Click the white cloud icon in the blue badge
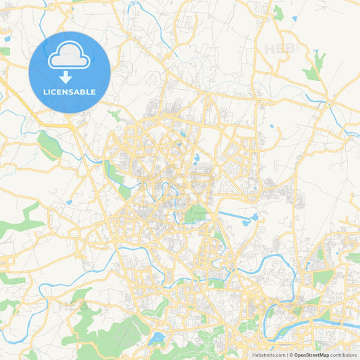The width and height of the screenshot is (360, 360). [x=69, y=57]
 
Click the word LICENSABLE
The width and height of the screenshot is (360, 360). [x=69, y=92]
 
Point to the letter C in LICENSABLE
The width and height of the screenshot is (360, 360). [x=57, y=92]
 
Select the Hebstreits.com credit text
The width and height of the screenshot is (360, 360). [x=268, y=355]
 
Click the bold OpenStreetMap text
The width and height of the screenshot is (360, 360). [x=311, y=355]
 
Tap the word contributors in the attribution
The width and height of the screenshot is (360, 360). [x=343, y=355]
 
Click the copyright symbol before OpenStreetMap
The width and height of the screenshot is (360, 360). [x=290, y=355]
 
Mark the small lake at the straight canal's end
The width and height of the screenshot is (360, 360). [x=254, y=217]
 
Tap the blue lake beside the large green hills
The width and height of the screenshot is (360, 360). [x=157, y=337]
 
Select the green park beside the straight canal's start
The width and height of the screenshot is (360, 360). [x=196, y=214]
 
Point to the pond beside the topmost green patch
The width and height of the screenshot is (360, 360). [x=294, y=18]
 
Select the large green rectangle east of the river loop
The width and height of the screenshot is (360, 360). [x=322, y=277]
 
